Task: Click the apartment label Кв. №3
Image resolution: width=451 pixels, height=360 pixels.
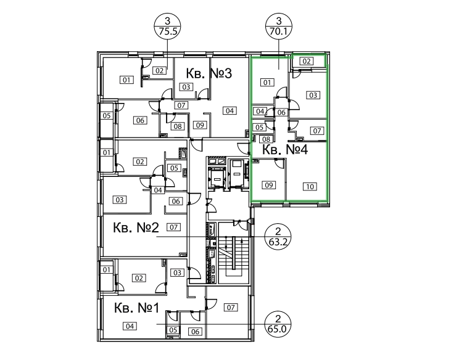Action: point(209,73)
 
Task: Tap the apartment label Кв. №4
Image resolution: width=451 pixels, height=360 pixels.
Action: point(285,150)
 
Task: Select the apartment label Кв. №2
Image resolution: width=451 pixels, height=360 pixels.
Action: point(136,227)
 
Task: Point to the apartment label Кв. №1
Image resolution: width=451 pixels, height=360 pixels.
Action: point(136,308)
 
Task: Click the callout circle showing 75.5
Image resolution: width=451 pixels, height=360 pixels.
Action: point(168,26)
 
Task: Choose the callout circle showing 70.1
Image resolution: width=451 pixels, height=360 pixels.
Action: point(278,26)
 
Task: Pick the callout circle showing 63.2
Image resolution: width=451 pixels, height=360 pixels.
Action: point(278,237)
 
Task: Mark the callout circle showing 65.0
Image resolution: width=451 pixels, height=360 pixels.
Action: point(278,324)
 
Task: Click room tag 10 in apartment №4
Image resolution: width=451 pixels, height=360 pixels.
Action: point(310,187)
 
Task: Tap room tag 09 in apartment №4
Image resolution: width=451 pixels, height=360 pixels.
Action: point(268,185)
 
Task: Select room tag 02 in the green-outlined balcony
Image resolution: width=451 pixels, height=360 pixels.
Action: point(307,61)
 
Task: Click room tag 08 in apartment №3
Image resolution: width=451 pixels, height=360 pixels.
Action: point(178,126)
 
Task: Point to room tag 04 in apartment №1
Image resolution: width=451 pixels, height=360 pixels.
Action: point(130,326)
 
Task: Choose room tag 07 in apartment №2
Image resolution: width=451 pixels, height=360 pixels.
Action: point(173,227)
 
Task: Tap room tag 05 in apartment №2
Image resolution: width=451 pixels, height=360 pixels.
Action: point(175,168)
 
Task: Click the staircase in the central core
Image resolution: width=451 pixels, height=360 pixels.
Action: point(234,253)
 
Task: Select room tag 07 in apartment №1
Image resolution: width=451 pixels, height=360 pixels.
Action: point(231,308)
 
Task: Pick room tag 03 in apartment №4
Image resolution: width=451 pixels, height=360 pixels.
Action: point(313,95)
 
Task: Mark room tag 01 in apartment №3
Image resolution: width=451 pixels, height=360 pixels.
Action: point(126,80)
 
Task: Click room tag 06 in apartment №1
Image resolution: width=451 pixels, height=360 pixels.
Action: point(195,332)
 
